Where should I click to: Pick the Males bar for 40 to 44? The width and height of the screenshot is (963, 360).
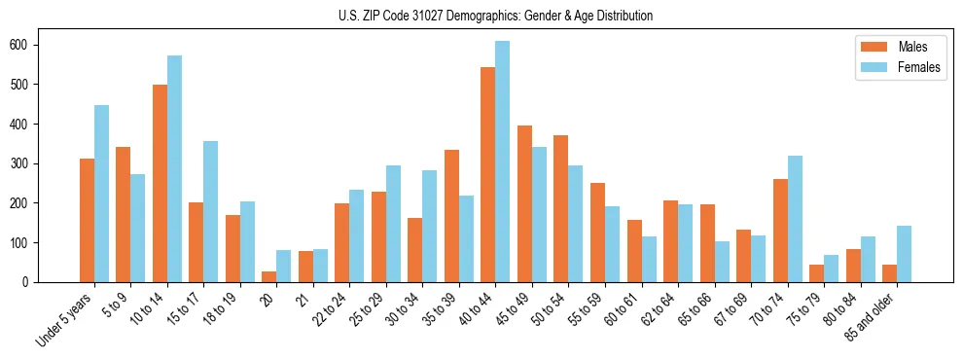pyautogui.click(x=487, y=175)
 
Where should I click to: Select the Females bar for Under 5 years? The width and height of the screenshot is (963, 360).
pyautogui.click(x=101, y=194)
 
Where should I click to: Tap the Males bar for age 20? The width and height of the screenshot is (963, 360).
pyautogui.click(x=268, y=276)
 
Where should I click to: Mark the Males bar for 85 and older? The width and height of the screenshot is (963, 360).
pyautogui.click(x=889, y=273)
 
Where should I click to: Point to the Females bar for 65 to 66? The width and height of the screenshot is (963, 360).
pyautogui.click(x=721, y=262)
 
